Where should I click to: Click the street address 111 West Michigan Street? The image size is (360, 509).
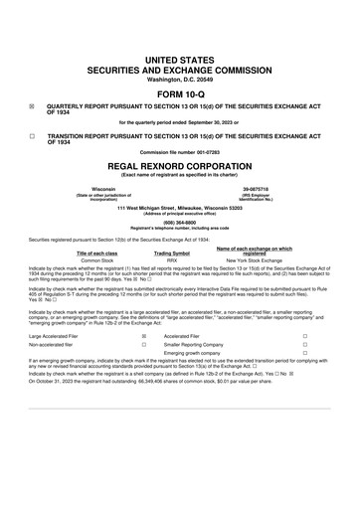[179, 207]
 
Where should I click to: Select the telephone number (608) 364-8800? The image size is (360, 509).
[179, 223]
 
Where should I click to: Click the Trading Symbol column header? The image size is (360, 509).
[170, 252]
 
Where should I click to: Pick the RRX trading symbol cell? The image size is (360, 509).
[170, 259]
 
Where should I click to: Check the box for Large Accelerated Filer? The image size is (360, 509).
[144, 336]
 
